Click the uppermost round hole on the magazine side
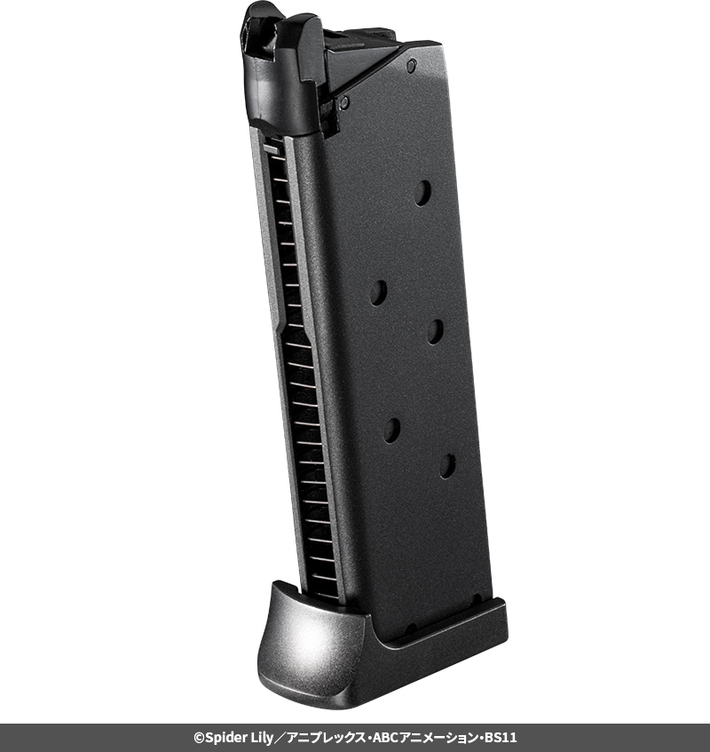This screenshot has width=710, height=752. [x=422, y=193]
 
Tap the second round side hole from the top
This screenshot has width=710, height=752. [x=378, y=293]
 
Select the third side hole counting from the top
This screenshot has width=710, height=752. [x=435, y=331]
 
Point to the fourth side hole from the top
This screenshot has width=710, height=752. [x=391, y=431]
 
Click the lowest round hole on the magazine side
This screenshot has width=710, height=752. [x=448, y=466]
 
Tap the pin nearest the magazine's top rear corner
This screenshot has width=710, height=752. [x=411, y=66]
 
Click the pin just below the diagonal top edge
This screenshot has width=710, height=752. [x=343, y=102]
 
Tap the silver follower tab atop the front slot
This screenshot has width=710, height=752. [x=272, y=149]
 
